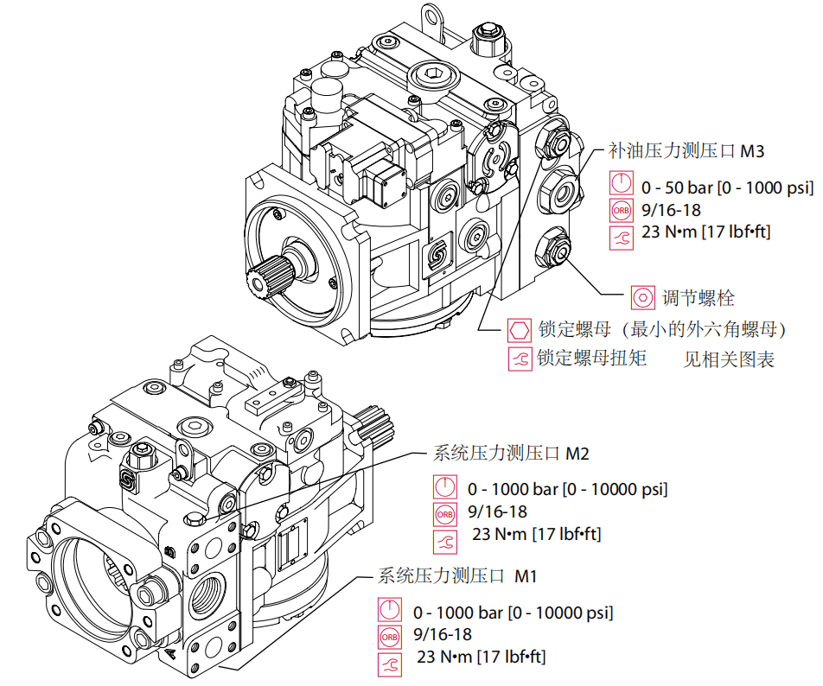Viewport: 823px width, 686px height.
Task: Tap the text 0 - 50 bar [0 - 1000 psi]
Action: coord(727,186)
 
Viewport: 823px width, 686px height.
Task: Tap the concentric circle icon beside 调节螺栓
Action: coord(642,298)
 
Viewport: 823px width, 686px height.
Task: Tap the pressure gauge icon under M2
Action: coord(444,487)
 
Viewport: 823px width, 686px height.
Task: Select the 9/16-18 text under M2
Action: coord(494,512)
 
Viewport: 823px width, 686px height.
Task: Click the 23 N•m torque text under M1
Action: coord(481,657)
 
